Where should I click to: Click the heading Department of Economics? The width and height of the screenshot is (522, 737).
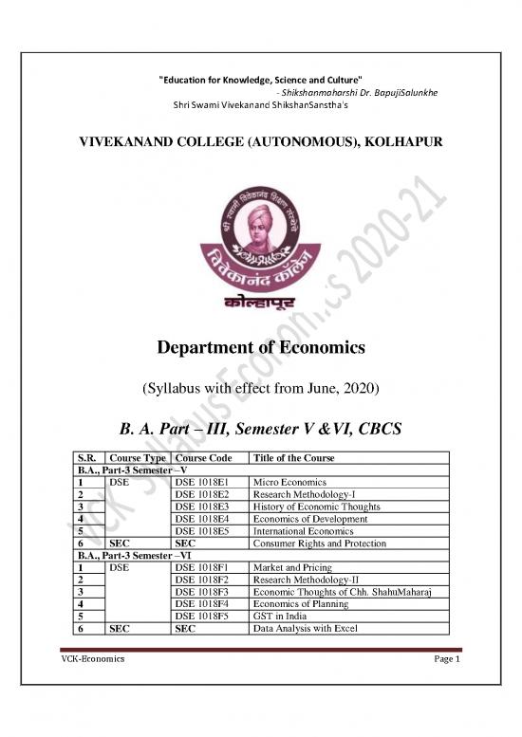(x=260, y=348)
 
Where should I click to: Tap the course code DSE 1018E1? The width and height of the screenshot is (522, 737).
(x=202, y=482)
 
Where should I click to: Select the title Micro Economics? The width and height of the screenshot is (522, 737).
(x=286, y=482)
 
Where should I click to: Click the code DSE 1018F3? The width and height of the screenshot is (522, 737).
(x=202, y=593)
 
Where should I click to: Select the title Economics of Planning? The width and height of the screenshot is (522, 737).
(x=295, y=605)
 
